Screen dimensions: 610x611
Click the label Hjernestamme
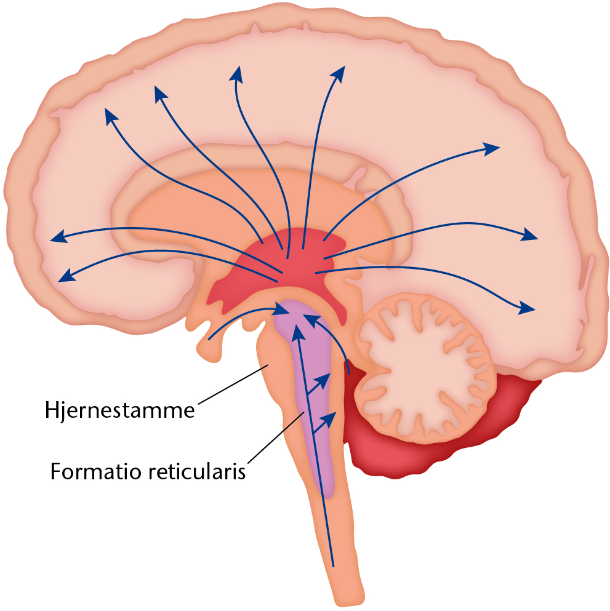coord(119,410)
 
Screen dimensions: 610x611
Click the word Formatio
coord(95,471)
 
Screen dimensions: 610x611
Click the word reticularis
coord(197,471)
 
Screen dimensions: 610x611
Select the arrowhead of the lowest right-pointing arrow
coord(527,308)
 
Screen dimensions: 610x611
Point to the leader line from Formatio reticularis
coord(276,438)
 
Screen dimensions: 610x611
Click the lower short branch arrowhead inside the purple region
coord(330,418)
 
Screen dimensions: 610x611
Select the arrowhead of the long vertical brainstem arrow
coord(298,332)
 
